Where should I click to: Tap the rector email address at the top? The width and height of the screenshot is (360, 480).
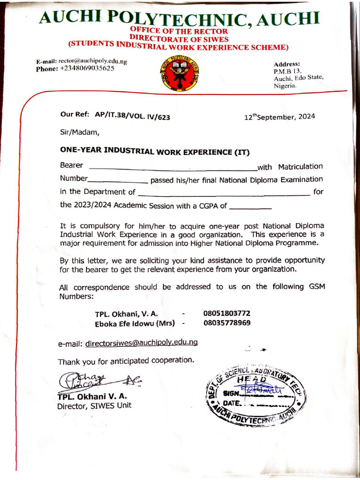click(92, 61)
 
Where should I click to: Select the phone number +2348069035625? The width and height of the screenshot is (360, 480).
click(87, 68)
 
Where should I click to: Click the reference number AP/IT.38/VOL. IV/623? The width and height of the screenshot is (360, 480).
click(132, 116)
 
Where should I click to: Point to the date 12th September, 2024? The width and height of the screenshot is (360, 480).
click(280, 117)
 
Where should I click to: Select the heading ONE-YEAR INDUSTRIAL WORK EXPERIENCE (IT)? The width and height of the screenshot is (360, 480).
click(155, 151)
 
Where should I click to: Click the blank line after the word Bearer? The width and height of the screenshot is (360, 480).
click(172, 168)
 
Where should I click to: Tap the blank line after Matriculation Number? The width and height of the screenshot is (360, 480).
click(118, 181)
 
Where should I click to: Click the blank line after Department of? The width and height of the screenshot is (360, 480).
click(224, 194)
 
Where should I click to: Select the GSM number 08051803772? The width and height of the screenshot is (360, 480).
click(227, 313)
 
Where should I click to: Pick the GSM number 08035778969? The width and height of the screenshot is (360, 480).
click(227, 323)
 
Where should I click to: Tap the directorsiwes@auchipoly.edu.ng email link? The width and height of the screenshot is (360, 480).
click(142, 343)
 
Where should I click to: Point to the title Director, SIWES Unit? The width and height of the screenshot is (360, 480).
click(94, 405)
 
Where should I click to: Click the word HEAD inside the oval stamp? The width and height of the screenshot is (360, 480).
click(254, 379)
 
